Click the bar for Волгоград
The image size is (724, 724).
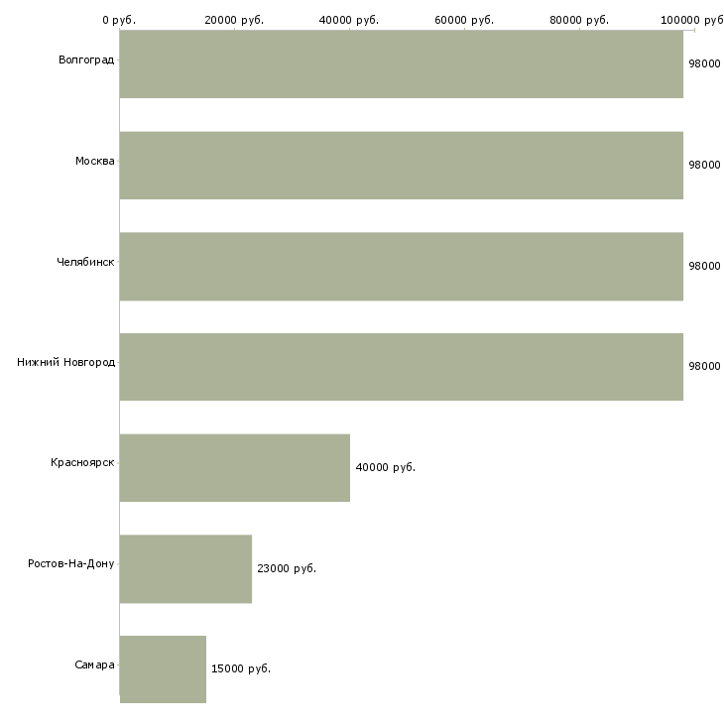pyautogui.click(x=402, y=63)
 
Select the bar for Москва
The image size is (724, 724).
pyautogui.click(x=402, y=166)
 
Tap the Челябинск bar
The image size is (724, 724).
pyautogui.click(x=402, y=267)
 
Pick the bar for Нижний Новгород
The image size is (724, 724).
pyautogui.click(x=402, y=367)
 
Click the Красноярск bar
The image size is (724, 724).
pyautogui.click(x=235, y=468)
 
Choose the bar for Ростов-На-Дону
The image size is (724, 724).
pyautogui.click(x=185, y=569)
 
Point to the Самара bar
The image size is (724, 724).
pyautogui.click(x=163, y=669)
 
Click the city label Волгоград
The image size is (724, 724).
pyautogui.click(x=86, y=60)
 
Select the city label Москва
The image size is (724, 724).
pyautogui.click(x=94, y=161)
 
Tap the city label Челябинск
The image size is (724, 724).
pyautogui.click(x=85, y=262)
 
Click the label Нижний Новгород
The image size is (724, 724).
pyautogui.click(x=66, y=362)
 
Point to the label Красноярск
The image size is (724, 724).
pyautogui.click(x=82, y=462)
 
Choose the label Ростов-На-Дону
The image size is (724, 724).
pyautogui.click(x=71, y=563)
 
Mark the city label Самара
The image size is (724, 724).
pyautogui.click(x=94, y=664)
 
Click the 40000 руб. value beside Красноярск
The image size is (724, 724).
pyautogui.click(x=386, y=467)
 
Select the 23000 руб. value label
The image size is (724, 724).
pyautogui.click(x=287, y=568)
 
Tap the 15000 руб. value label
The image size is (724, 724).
pyautogui.click(x=241, y=668)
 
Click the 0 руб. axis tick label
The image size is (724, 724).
pyautogui.click(x=119, y=20)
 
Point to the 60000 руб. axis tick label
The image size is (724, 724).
pyautogui.click(x=464, y=20)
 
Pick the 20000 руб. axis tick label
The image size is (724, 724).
pyautogui.click(x=234, y=20)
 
